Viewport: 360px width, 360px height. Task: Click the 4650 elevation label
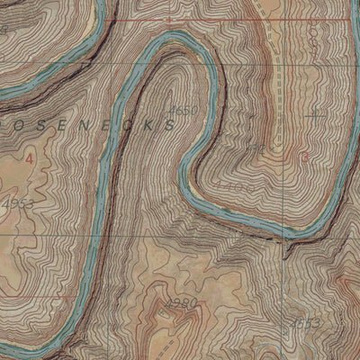(183, 110)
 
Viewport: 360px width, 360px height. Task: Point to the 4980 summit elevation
(181, 302)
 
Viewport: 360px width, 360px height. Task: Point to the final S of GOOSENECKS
(168, 127)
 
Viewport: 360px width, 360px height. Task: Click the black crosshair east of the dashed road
(315, 113)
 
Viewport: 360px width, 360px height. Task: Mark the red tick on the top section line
(168, 18)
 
